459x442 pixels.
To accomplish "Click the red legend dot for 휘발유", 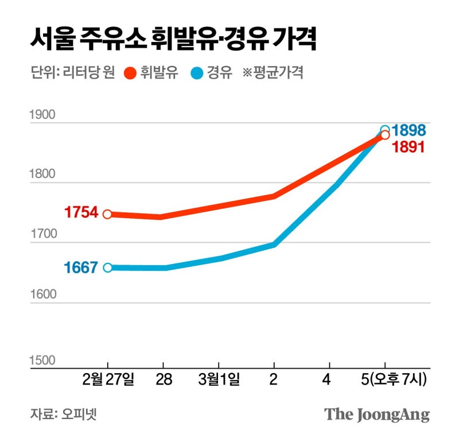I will tap(129, 73).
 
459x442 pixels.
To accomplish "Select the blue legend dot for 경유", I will tap(197, 73).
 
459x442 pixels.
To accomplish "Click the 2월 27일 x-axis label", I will tap(108, 380).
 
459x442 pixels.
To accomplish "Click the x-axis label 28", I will tap(163, 380).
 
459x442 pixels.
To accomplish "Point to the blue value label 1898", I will tap(409, 131).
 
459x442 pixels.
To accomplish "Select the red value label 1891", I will tap(408, 147).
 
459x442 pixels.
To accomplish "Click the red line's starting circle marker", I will tap(107, 214).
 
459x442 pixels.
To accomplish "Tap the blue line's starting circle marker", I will tap(107, 267).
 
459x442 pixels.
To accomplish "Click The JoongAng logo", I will tap(376, 414).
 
